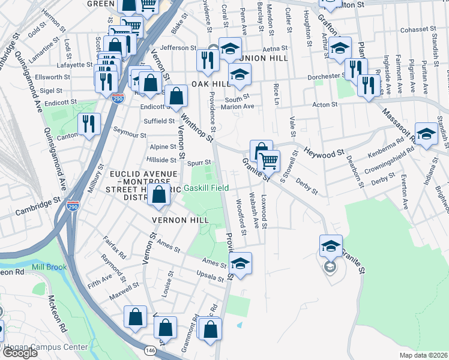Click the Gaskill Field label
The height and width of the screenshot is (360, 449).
click(x=205, y=188)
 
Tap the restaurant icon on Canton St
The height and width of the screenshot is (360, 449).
click(x=88, y=124)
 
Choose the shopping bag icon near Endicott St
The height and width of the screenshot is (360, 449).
click(x=176, y=96)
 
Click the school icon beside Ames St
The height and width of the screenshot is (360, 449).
click(x=240, y=264)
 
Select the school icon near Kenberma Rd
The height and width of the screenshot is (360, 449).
click(x=427, y=136)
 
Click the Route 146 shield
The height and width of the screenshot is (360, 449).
click(x=149, y=350)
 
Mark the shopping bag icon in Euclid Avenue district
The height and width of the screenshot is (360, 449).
click(x=159, y=196)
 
